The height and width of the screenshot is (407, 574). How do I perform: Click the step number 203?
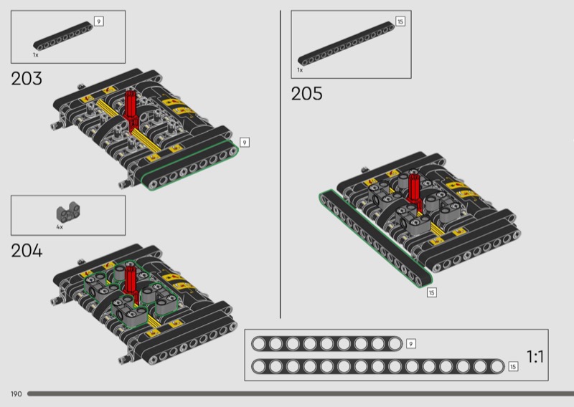[27, 79]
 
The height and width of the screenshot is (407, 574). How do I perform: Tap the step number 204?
[27, 251]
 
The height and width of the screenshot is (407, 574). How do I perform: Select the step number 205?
[307, 94]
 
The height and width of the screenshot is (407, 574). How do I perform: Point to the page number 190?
[16, 394]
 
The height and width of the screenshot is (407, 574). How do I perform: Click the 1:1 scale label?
[535, 357]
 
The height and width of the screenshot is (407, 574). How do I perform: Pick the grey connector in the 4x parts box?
[68, 214]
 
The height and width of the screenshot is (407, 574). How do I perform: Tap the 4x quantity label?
[60, 227]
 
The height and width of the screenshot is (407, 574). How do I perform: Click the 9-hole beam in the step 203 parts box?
[63, 36]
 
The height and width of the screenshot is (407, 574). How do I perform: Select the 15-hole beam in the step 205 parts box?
[346, 44]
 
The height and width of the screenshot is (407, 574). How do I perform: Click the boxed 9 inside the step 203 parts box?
[99, 21]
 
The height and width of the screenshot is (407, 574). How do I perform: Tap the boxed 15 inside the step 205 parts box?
[400, 21]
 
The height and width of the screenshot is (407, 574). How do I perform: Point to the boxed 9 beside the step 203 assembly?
[245, 143]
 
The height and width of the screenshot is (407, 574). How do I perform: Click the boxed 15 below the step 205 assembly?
[432, 292]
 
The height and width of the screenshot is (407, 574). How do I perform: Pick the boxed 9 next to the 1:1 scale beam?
[410, 344]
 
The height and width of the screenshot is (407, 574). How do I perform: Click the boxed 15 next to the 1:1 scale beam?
[513, 366]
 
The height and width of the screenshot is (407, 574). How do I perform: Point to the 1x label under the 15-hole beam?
[300, 70]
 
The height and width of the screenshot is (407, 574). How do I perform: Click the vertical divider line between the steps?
[281, 164]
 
